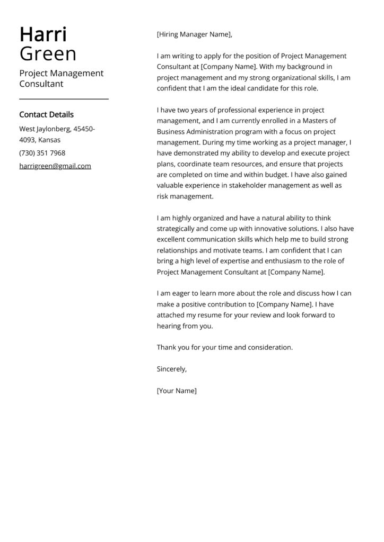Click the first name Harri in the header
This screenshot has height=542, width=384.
(43, 34)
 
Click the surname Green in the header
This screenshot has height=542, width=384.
(48, 54)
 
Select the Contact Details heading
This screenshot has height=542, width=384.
(46, 114)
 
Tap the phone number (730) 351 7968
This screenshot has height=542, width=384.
(42, 153)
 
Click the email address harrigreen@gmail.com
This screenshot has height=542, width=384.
(55, 166)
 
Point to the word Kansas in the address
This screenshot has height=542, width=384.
(49, 140)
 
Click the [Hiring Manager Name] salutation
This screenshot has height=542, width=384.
(194, 35)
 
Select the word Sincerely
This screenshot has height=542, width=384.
(171, 369)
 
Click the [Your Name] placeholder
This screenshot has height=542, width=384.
(177, 391)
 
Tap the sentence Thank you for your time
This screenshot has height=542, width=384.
(224, 347)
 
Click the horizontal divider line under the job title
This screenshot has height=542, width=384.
(64, 99)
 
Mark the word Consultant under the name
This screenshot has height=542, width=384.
(41, 84)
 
